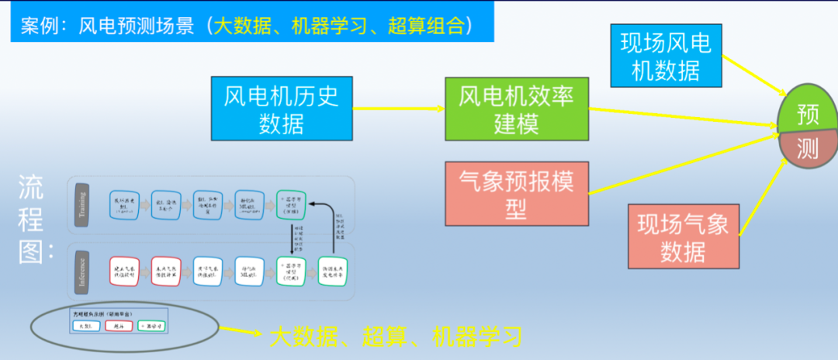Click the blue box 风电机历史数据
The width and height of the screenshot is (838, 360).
click(x=282, y=109)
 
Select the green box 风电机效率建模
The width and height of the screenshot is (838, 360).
click(x=516, y=109)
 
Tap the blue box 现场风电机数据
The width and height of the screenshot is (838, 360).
click(x=666, y=57)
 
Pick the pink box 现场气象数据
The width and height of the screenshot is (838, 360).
click(x=683, y=237)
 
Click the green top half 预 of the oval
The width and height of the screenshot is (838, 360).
click(x=808, y=116)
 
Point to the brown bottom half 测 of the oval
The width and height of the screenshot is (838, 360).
click(x=808, y=150)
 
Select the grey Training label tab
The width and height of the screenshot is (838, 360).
click(x=82, y=205)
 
